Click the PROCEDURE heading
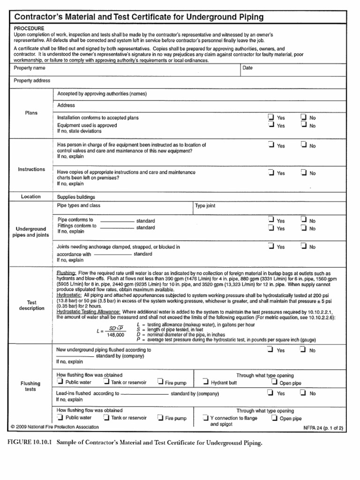(29, 28)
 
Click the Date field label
(247, 68)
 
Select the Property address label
(32, 81)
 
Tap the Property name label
(30, 68)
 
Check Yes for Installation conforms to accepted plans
(271, 117)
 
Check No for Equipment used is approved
(303, 125)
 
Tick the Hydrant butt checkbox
(206, 382)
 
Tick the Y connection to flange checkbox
(206, 417)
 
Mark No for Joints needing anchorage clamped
(303, 246)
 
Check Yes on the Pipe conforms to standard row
(271, 220)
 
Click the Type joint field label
(205, 206)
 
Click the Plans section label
(31, 113)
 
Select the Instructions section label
(31, 169)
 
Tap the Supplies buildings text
(76, 197)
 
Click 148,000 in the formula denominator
(115, 335)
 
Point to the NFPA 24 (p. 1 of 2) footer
(323, 428)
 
